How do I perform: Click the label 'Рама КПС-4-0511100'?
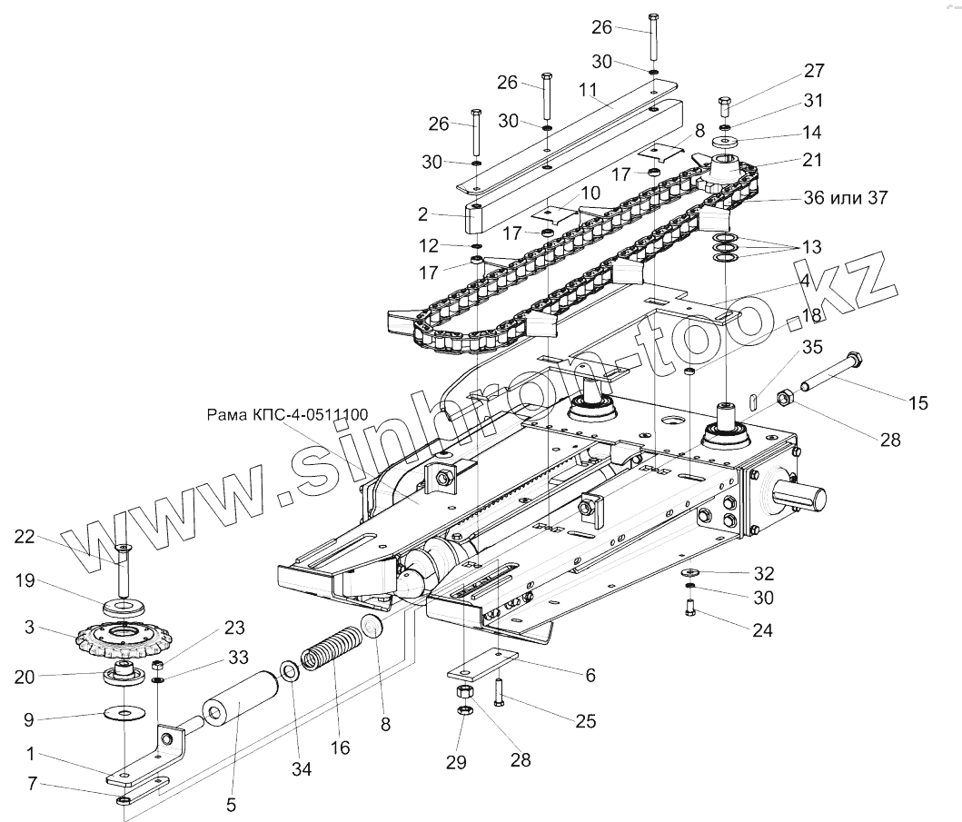287,415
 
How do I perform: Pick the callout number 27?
814,72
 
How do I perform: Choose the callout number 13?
811,246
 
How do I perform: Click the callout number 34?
302,769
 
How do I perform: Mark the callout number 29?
458,763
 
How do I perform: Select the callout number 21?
811,161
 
